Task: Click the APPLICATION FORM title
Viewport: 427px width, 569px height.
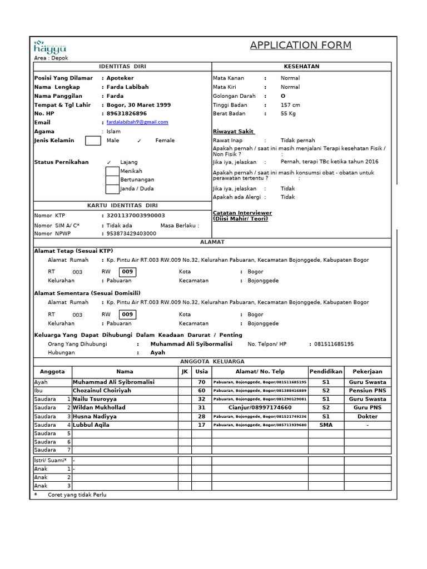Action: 300,46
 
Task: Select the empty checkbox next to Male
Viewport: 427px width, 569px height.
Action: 93,141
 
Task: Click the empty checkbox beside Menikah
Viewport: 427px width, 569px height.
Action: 112,171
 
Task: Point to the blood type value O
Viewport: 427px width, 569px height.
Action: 283,96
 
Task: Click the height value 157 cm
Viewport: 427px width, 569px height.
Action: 290,105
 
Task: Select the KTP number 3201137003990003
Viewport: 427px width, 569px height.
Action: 136,216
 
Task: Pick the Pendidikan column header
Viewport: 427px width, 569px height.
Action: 326,371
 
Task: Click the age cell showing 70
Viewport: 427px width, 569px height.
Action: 201,382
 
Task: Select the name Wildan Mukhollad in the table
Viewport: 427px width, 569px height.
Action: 99,408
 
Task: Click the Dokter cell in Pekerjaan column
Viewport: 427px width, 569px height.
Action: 367,416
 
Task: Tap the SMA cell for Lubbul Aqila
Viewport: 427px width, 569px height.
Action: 326,425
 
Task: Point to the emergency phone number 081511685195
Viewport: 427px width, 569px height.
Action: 334,345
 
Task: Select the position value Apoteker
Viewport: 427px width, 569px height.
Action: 120,78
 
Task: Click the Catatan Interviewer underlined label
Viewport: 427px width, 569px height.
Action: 242,213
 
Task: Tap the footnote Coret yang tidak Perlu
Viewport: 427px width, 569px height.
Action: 77,495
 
